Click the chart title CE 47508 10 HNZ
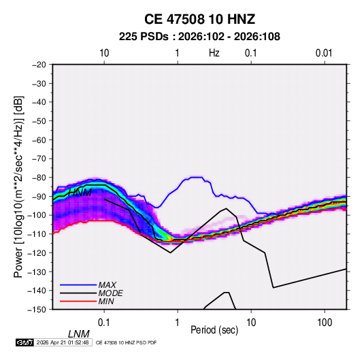[199, 19]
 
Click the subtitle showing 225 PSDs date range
[199, 37]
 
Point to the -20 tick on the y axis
[39, 65]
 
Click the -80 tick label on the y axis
[39, 178]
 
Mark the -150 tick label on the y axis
[37, 310]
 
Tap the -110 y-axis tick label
[37, 234]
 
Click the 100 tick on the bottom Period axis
[325, 323]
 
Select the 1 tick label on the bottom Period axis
[178, 323]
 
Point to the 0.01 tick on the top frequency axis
[324, 53]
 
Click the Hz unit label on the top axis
[214, 53]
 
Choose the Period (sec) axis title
[214, 330]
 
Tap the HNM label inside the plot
[80, 193]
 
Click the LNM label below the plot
[79, 334]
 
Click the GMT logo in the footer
[25, 342]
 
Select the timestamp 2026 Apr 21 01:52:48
[63, 342]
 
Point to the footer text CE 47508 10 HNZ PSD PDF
[127, 342]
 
